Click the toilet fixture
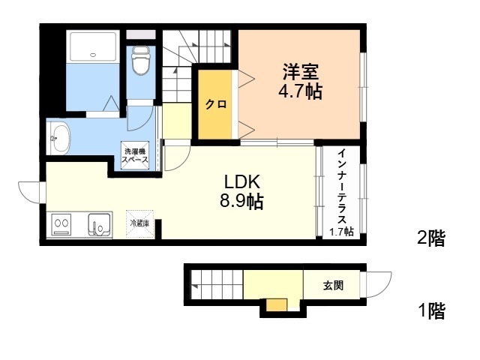pyautogui.click(x=141, y=61)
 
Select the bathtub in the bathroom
pyautogui.click(x=93, y=46)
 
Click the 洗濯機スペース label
pyautogui.click(x=135, y=155)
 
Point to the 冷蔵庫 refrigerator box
pyautogui.click(x=139, y=223)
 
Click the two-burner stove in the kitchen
pyautogui.click(x=61, y=224)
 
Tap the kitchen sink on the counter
pyautogui.click(x=99, y=225)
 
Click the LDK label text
pyautogui.click(x=242, y=181)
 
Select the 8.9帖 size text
pyautogui.click(x=241, y=202)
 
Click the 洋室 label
pyautogui.click(x=300, y=71)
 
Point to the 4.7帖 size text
pyautogui.click(x=300, y=91)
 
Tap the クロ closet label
pyautogui.click(x=216, y=104)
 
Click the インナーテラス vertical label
pyautogui.click(x=343, y=186)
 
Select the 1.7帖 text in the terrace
pyautogui.click(x=342, y=232)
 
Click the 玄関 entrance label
pyautogui.click(x=333, y=286)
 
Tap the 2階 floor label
pyautogui.click(x=431, y=238)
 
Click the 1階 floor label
pyautogui.click(x=431, y=310)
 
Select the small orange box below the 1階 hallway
pyautogui.click(x=277, y=305)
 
